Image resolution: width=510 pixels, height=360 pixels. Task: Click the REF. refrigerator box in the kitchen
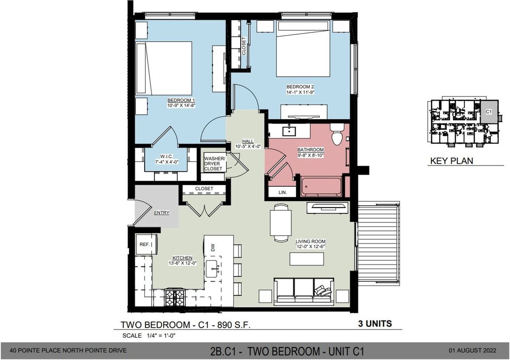click(x=144, y=244)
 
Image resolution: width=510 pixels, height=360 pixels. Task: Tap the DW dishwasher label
click(x=213, y=248)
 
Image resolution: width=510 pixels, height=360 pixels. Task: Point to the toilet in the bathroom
click(x=337, y=135)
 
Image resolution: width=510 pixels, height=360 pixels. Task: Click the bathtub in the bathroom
click(x=321, y=187)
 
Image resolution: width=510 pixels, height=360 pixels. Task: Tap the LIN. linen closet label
click(x=282, y=192)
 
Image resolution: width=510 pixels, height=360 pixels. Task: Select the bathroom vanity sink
click(x=288, y=130)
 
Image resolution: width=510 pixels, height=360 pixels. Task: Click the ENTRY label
click(x=161, y=213)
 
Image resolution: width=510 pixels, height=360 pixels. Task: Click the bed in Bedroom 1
click(x=164, y=68)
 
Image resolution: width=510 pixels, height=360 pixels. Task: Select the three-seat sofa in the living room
click(x=304, y=291)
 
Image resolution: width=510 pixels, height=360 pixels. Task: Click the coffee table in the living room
click(x=306, y=259)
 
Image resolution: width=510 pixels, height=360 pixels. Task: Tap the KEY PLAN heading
click(x=451, y=161)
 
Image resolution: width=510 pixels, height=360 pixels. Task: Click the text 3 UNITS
click(x=373, y=323)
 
